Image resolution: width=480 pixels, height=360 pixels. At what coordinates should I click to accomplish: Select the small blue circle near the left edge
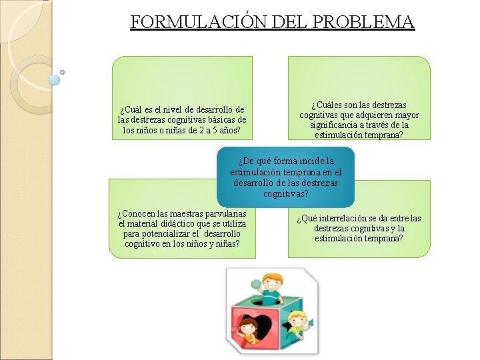[x=55, y=80]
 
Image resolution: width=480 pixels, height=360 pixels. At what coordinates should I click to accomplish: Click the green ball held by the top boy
[x=256, y=283]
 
